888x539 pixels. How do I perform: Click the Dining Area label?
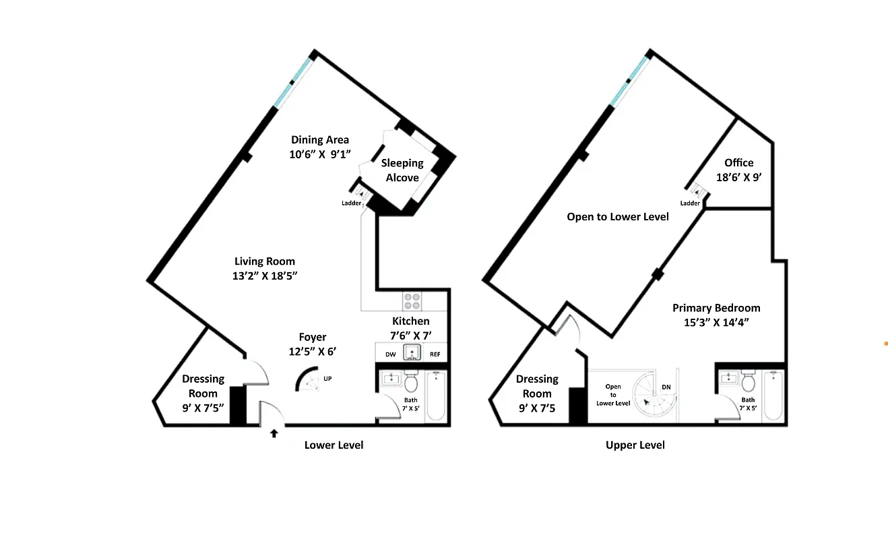click(x=320, y=140)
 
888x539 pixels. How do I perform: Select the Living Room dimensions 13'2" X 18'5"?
click(x=265, y=276)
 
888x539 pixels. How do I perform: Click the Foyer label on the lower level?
click(x=313, y=337)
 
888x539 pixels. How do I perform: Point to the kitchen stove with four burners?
click(x=412, y=300)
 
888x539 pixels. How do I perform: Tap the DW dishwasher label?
click(x=390, y=354)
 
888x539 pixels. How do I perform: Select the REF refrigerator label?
click(x=435, y=354)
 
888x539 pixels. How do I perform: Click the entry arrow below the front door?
click(x=274, y=433)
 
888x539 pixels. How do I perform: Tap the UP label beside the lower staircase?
click(x=327, y=379)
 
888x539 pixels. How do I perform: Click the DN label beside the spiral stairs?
click(x=666, y=387)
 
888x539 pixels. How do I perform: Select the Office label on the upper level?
click(x=739, y=162)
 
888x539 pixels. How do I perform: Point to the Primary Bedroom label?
click(x=716, y=308)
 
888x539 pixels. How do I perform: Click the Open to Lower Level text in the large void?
click(x=618, y=216)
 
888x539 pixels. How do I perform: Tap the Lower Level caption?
click(x=334, y=445)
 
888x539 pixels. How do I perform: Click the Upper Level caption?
click(x=635, y=445)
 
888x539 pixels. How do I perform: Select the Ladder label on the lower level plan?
click(x=351, y=203)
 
